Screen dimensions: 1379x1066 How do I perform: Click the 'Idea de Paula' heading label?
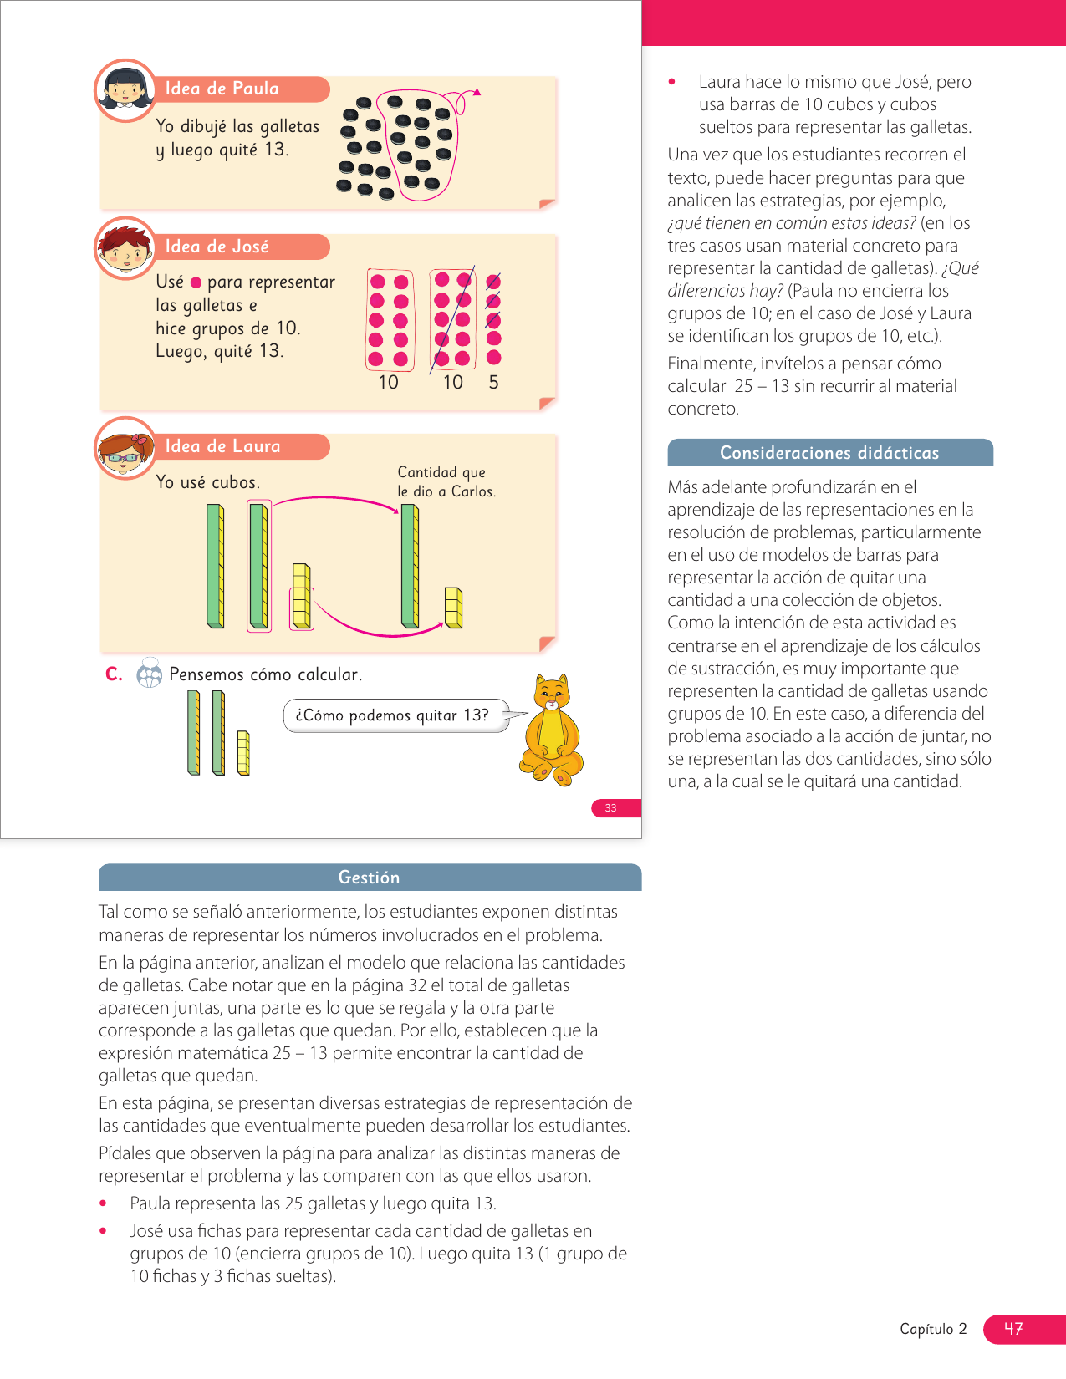click(222, 89)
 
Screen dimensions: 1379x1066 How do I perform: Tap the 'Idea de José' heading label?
click(217, 247)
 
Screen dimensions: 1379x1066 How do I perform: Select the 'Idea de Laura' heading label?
click(222, 446)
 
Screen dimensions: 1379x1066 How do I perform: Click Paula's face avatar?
click(125, 90)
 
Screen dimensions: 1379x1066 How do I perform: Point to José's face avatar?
click(125, 247)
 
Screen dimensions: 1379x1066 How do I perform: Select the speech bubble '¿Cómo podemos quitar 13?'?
click(393, 715)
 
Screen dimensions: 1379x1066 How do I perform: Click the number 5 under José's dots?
click(493, 383)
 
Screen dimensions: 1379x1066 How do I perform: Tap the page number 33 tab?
click(612, 807)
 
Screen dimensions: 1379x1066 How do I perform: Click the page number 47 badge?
click(1014, 1329)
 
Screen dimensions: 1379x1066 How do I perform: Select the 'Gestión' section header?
click(369, 878)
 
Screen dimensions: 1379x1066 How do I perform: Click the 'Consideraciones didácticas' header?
click(829, 453)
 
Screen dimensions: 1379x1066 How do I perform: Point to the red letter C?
click(114, 674)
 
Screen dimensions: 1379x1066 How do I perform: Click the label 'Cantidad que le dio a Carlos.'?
click(446, 482)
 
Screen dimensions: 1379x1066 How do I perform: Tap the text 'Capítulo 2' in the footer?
click(933, 1329)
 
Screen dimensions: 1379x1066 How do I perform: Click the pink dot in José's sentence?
click(196, 282)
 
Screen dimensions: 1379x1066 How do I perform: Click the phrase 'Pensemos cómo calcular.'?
click(265, 674)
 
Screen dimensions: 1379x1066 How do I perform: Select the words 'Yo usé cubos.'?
click(207, 482)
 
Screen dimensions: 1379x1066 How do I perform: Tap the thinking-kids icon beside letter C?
click(149, 673)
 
